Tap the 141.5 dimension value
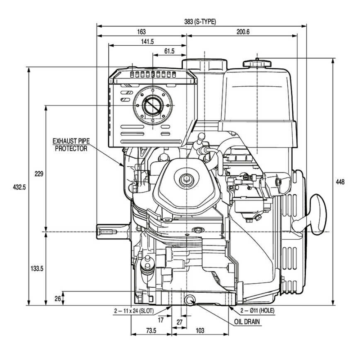tap(147, 41)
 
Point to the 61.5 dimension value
tap(169, 51)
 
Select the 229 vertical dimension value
tap(39, 174)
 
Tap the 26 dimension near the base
tap(57, 298)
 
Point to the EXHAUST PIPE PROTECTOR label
tap(71, 144)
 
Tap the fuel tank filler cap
tap(257, 63)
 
